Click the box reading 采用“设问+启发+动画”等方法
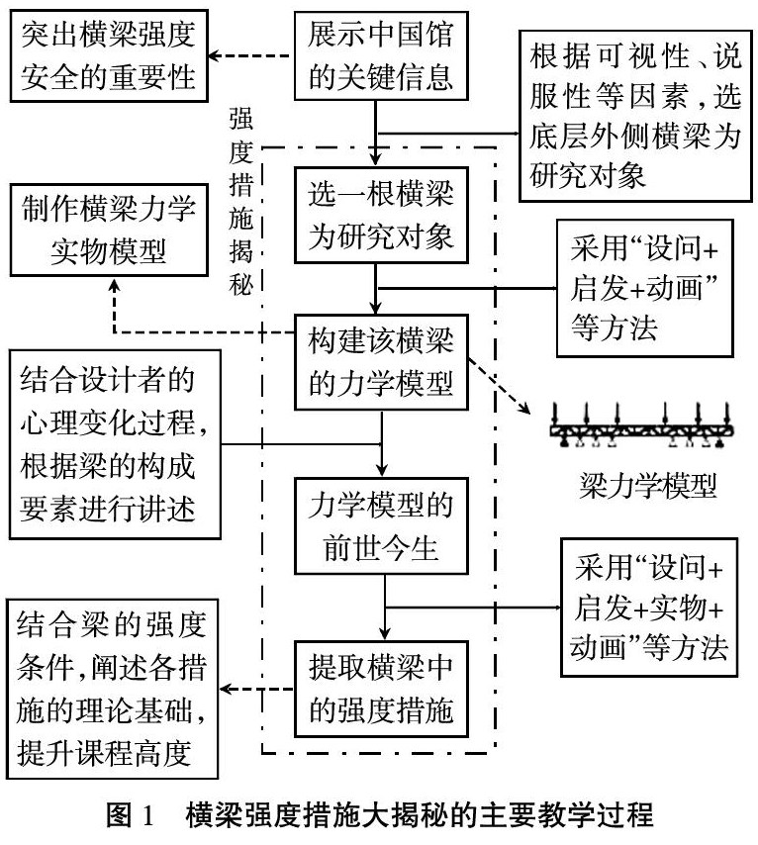tap(641, 295)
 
